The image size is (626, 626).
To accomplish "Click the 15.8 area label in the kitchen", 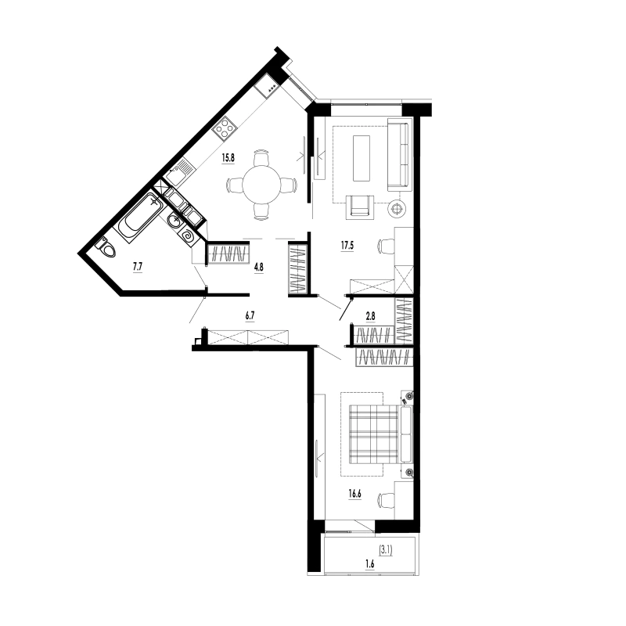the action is point(228,158).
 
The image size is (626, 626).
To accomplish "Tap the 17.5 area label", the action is point(347,246).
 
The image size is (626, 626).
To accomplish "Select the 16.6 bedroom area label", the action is point(354,494).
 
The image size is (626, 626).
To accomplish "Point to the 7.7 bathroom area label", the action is point(138,267).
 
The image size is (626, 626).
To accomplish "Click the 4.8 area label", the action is point(259,267).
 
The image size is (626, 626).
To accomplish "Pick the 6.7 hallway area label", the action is point(250,316).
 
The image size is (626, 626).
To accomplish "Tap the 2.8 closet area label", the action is point(370,317).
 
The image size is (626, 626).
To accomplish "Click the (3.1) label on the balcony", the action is point(386,551).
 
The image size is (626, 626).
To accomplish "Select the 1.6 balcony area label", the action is point(370,564).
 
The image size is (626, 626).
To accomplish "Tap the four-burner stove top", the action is point(225,128).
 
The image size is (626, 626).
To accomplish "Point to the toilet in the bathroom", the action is point(106,248).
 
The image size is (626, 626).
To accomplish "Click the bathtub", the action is point(139,218).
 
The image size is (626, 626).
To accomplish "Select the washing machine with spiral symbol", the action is point(187,238).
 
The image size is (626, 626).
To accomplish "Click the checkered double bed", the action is point(380,434).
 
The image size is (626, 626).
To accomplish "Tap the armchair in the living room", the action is point(360,207).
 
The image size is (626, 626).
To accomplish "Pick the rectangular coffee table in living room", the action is point(362,159).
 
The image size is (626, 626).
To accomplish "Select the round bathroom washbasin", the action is point(174,220).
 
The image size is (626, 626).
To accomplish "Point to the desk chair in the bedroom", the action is point(386,499).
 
